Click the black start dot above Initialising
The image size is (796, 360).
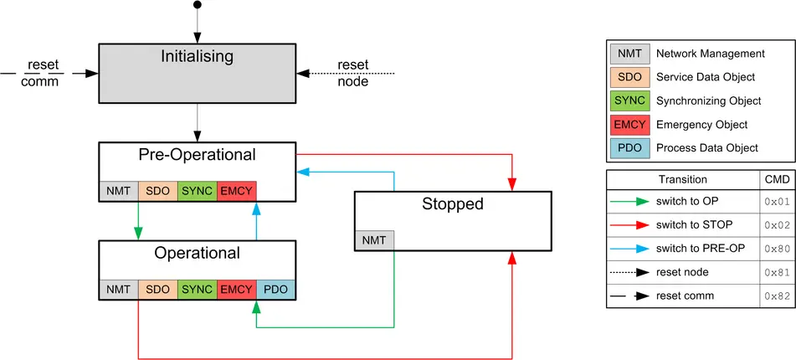(198, 5)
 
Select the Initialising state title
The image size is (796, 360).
(198, 57)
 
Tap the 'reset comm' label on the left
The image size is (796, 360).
(41, 73)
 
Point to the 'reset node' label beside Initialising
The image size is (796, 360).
(352, 73)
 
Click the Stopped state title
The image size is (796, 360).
(452, 203)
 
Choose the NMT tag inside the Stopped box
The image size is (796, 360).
(374, 240)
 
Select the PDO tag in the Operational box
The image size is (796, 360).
(275, 290)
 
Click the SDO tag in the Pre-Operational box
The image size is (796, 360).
(157, 191)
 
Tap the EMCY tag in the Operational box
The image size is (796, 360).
(236, 290)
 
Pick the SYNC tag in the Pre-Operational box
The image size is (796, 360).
(197, 191)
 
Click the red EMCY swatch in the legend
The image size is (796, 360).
(629, 125)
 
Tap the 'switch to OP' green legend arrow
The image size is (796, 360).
(630, 202)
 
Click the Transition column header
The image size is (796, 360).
(682, 179)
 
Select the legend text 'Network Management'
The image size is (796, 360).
(710, 54)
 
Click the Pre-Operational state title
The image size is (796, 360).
(198, 155)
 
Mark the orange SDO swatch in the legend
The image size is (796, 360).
(629, 77)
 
